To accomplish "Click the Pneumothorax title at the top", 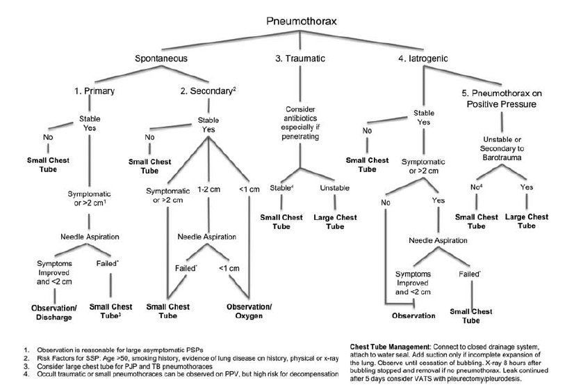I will (302, 22).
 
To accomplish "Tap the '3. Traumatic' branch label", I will (300, 58).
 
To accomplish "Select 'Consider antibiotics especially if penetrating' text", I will (300, 123).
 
